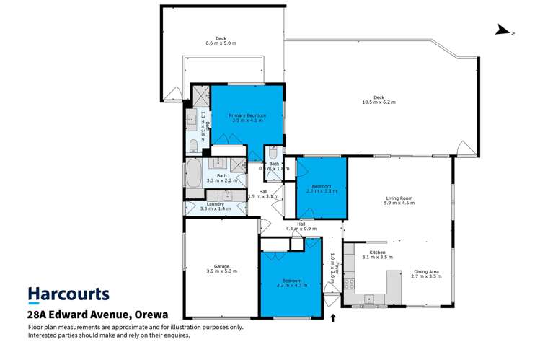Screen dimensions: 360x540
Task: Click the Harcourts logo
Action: [x=68, y=294]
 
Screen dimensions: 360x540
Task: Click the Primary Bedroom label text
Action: [x=247, y=115]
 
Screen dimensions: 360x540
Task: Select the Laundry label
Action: [x=215, y=204]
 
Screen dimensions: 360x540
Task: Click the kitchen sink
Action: [x=369, y=297]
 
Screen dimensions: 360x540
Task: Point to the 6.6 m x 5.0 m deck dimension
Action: [x=221, y=44]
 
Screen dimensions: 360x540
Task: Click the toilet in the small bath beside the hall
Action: [x=273, y=154]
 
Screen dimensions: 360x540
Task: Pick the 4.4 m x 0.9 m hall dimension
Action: [x=302, y=229]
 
